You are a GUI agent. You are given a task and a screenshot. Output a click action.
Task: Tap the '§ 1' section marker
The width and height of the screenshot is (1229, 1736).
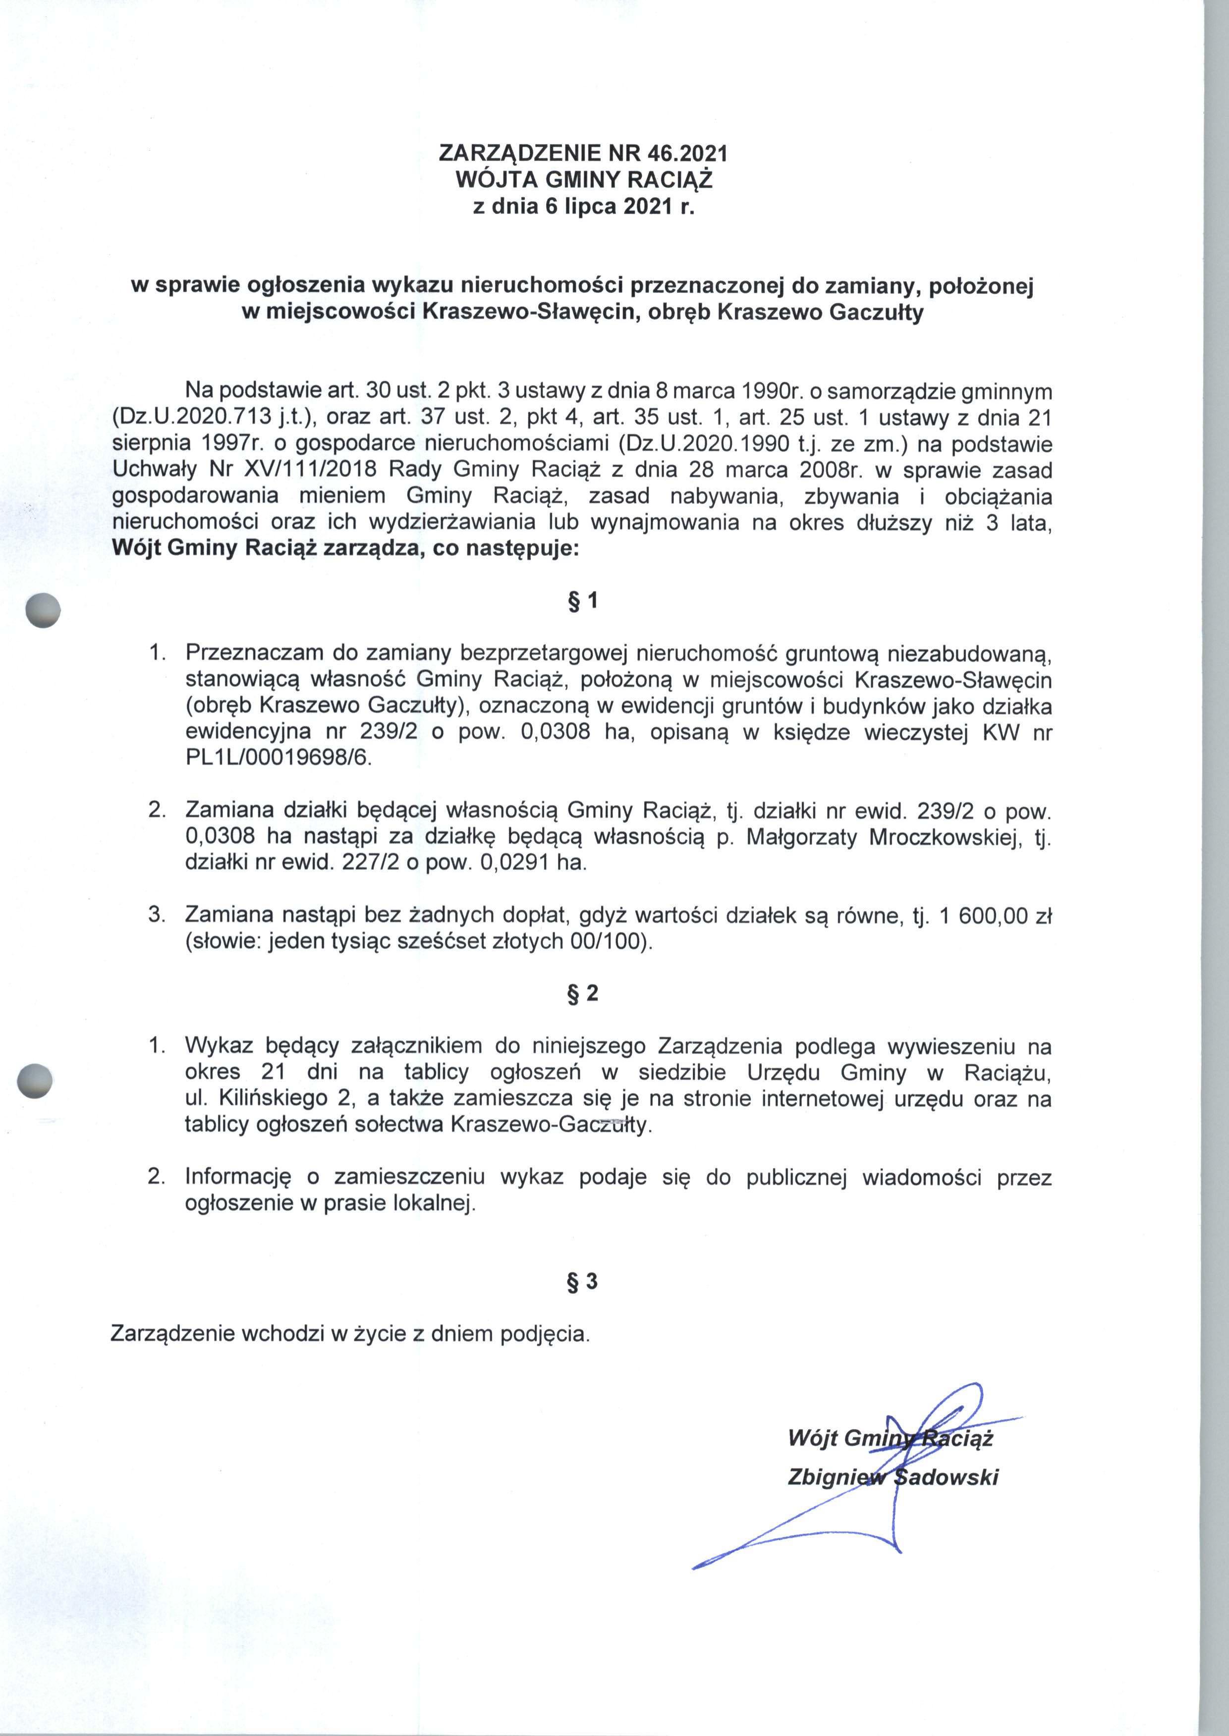pyautogui.click(x=583, y=600)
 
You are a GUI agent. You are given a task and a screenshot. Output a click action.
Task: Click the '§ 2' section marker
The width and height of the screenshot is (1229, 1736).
pyautogui.click(x=583, y=993)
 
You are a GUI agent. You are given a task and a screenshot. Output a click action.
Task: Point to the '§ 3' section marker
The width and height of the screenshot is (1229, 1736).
pyautogui.click(x=583, y=1281)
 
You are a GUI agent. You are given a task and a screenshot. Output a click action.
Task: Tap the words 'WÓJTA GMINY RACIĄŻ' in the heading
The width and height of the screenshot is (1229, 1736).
pyautogui.click(x=583, y=180)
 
